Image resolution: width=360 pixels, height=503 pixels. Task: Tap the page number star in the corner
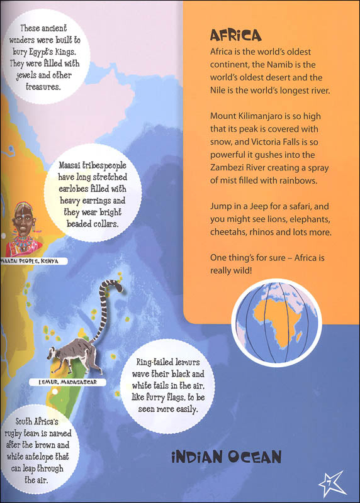pos(344,485)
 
